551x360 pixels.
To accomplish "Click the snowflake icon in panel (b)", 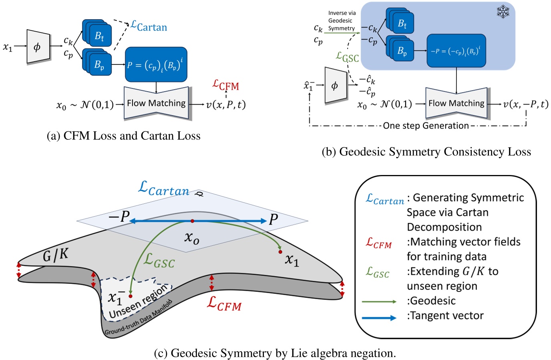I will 503,12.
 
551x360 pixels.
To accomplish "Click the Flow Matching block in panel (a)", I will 156,103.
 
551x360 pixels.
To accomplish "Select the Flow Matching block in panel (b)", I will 456,103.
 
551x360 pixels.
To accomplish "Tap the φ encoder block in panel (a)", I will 38,47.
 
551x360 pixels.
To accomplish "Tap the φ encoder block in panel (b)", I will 335,85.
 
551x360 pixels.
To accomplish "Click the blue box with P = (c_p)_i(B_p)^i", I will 156,64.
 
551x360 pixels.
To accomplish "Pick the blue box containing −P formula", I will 456,51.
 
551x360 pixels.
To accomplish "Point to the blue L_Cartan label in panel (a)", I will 149,26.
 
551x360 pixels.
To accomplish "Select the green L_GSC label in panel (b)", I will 347,57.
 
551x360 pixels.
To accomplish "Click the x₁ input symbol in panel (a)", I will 8,47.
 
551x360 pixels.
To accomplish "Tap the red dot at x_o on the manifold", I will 192,221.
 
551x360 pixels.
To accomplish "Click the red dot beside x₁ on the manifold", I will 280,252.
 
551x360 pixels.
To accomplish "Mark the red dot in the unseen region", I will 131,296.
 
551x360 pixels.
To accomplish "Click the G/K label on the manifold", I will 55,255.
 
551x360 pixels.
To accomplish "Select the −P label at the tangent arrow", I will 119,217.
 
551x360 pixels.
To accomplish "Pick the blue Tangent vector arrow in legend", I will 379,318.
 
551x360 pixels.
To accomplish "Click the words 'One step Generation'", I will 426,126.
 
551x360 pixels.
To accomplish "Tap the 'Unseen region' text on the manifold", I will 138,302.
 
